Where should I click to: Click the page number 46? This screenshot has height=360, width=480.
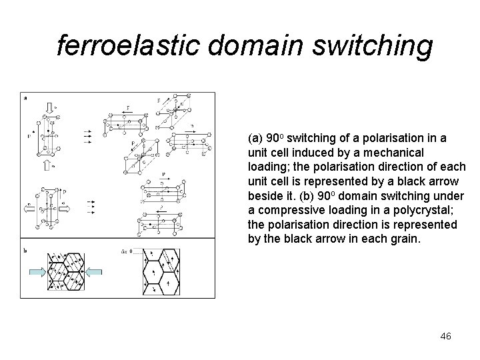point(445,337)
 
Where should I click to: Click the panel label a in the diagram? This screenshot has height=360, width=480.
point(25,97)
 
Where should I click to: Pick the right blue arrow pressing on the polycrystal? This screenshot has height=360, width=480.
point(95,271)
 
